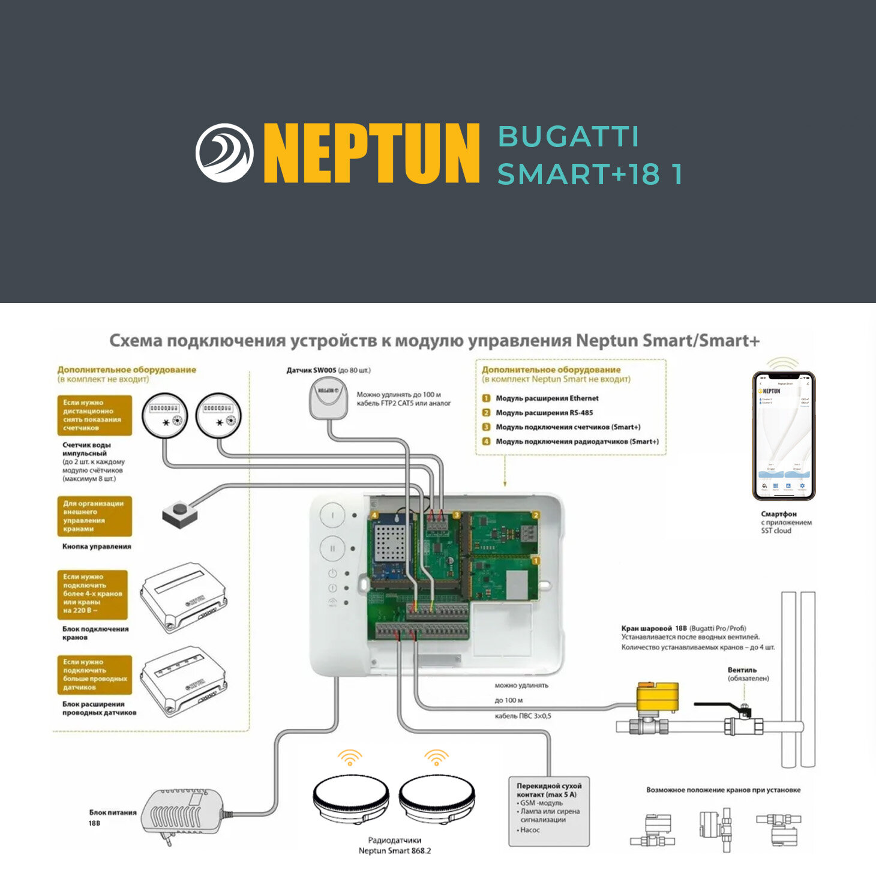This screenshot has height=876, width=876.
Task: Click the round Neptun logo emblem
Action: click(224, 153)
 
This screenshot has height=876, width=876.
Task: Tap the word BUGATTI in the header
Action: click(568, 136)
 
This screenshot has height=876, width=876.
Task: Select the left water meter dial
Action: click(164, 415)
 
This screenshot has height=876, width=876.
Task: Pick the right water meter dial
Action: click(218, 415)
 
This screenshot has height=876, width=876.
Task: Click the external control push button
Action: click(179, 514)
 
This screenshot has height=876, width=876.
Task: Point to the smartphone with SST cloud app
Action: click(784, 436)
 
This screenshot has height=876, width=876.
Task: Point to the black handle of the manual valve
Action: click(720, 706)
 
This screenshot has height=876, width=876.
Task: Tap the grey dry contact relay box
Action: click(548, 812)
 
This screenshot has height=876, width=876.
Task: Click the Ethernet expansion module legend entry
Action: click(547, 398)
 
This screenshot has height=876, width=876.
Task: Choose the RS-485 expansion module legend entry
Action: click(544, 413)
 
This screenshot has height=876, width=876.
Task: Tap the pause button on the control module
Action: click(332, 548)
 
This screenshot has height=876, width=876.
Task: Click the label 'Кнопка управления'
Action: click(97, 547)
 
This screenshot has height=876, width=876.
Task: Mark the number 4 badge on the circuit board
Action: click(374, 515)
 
